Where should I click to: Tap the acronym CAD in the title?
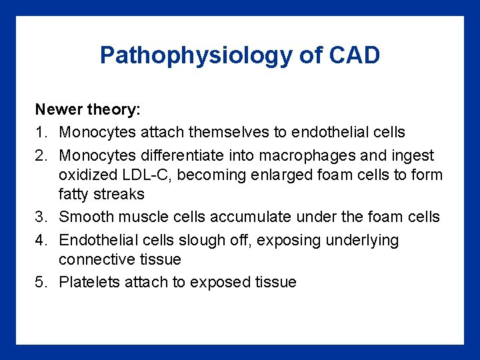pos(354,55)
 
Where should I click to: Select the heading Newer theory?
pos(83,109)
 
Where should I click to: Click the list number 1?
pos(41,132)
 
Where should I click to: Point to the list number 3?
pos(41,217)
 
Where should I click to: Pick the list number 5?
pos(41,282)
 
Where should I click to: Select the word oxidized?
pos(85,175)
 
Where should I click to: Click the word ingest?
pos(415,155)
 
